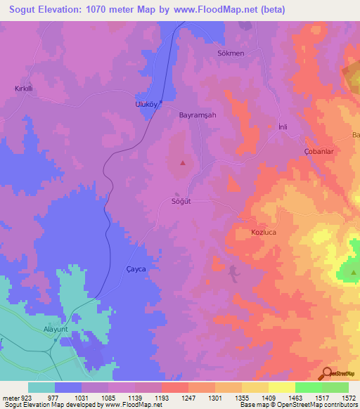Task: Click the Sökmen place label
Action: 230,53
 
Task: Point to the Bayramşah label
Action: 198,115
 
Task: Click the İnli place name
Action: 283,126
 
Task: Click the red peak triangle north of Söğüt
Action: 183,163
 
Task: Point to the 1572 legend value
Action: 349,398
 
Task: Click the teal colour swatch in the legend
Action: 41,387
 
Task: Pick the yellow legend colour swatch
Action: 281,387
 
